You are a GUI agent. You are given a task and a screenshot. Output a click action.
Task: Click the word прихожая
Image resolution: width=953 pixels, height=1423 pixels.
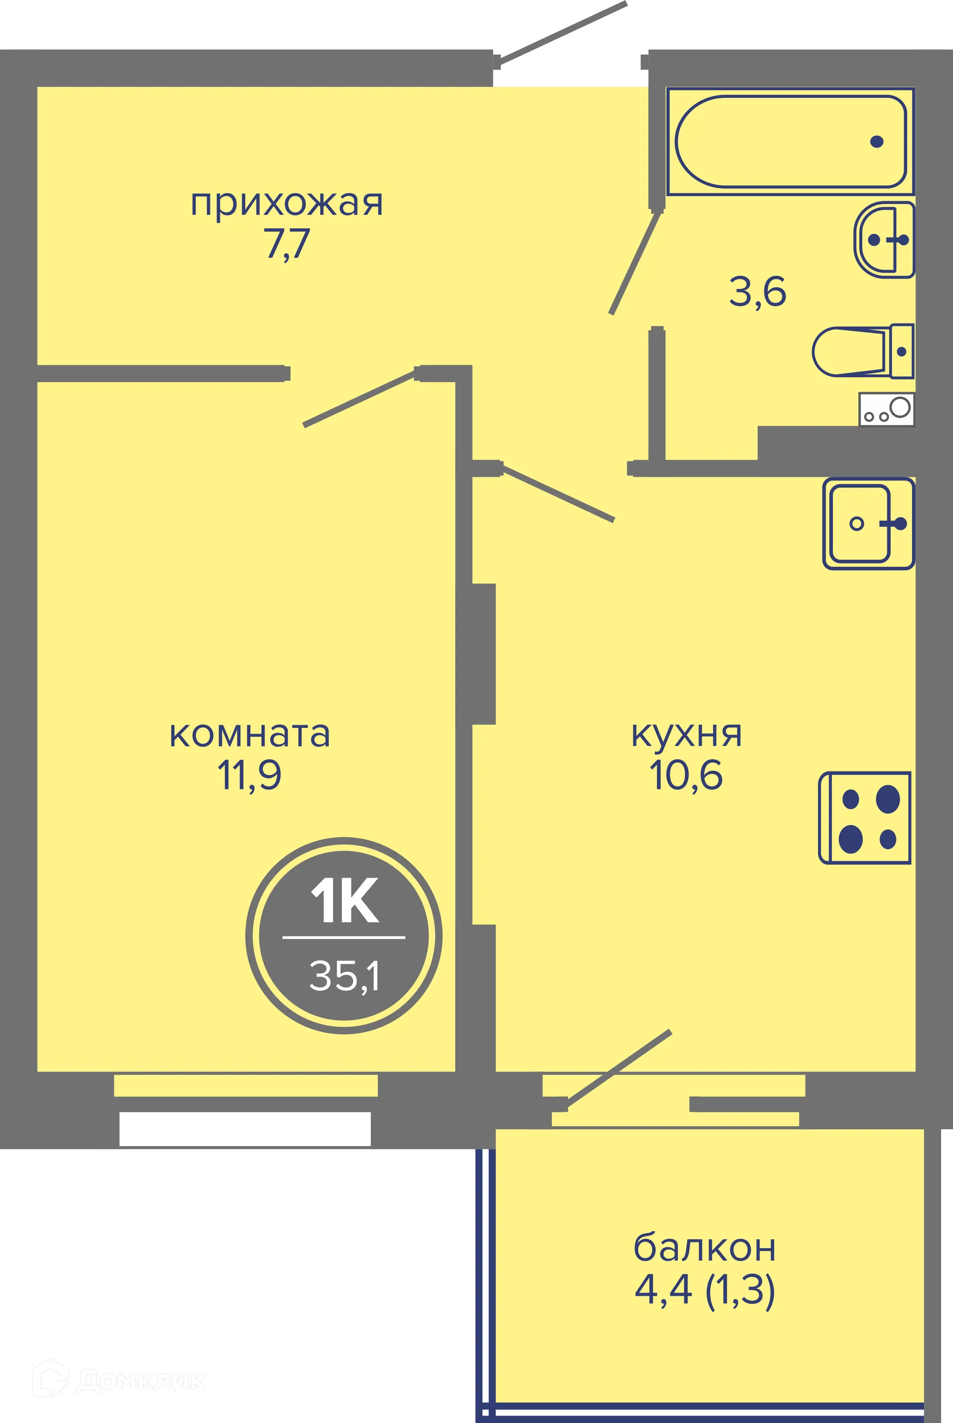point(287,204)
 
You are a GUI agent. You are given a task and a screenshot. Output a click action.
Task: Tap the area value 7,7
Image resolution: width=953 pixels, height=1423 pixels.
point(287,244)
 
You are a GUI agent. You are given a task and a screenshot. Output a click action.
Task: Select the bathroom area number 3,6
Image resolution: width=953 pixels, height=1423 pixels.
point(757,292)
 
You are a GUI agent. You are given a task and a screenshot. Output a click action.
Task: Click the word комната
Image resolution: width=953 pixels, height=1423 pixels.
point(250,735)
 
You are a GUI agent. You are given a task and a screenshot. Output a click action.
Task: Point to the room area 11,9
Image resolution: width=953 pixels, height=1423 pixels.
point(250,776)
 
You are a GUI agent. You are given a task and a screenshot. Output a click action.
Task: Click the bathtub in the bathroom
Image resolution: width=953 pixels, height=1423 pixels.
point(790,141)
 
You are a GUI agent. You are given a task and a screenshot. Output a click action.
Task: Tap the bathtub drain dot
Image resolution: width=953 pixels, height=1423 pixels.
point(877,141)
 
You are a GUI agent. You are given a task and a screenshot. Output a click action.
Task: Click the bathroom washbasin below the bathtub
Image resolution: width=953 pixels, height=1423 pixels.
point(885,240)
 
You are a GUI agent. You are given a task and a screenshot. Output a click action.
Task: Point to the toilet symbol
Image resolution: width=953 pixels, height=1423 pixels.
point(862,351)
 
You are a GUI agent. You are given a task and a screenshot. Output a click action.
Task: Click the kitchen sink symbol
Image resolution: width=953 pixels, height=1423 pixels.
point(868,523)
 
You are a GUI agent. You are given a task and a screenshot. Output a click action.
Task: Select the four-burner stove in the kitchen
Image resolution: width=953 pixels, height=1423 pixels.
point(865,818)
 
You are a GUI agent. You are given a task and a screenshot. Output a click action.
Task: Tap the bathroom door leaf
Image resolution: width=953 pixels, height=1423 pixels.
point(635,263)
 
